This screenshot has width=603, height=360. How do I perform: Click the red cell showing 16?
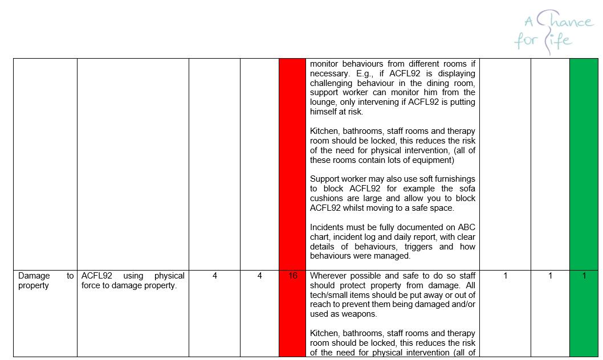(293, 276)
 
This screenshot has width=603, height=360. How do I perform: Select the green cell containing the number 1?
(584, 276)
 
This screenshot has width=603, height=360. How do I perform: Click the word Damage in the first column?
(34, 276)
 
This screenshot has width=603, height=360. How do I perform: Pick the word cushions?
(328, 198)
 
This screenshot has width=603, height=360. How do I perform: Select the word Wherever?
(329, 276)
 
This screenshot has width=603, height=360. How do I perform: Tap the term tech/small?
(332, 295)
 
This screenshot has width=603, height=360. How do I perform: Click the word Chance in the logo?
(564, 22)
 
